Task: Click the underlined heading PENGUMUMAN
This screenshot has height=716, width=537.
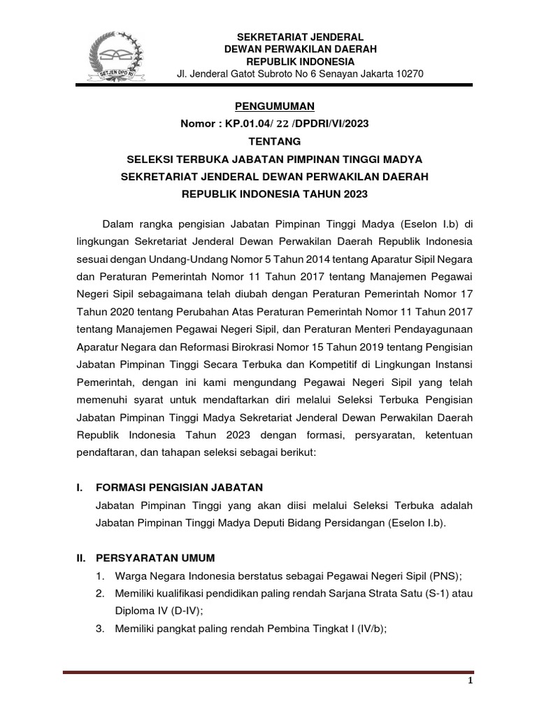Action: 274,106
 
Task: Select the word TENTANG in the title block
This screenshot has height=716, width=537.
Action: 274,141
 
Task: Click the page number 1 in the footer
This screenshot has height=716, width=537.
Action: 471,680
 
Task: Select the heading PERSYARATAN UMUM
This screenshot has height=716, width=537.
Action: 157,557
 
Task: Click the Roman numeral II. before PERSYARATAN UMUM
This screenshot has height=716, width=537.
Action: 81,557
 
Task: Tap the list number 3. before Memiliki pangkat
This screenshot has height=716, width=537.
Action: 101,628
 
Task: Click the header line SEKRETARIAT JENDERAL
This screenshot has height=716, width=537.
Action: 300,37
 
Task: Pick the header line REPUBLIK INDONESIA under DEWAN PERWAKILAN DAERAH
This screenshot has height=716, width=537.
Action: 300,62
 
